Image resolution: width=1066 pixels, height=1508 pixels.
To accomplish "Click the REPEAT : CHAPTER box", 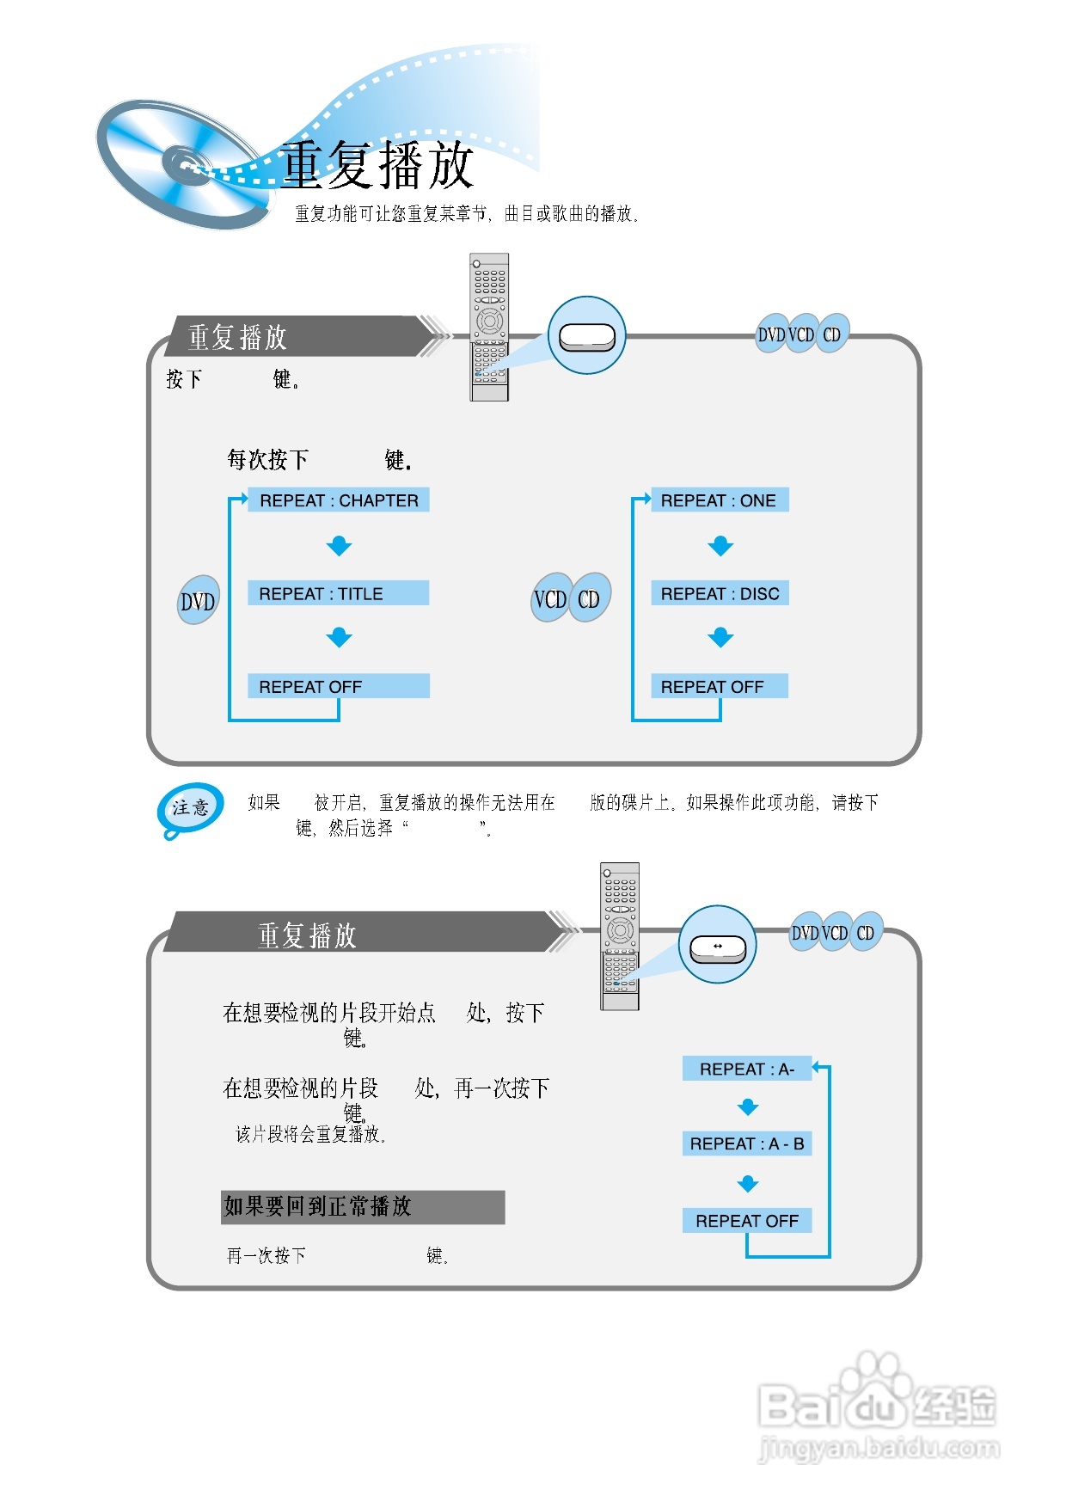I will pos(339,500).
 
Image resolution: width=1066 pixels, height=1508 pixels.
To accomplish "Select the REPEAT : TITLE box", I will pos(338,593).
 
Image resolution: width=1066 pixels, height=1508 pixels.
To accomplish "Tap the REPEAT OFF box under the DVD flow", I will pos(338,686).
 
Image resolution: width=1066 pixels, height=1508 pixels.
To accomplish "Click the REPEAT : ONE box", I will pos(720,500).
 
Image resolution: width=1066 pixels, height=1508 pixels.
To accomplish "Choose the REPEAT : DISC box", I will pos(720,593).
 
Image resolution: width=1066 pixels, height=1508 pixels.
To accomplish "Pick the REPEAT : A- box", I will pos(746,1069).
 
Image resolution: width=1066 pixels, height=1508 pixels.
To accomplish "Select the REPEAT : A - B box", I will pos(746,1143).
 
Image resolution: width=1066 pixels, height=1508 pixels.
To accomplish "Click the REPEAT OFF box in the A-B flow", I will pos(746,1221).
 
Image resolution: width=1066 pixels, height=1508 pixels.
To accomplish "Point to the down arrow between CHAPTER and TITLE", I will pos(340,546).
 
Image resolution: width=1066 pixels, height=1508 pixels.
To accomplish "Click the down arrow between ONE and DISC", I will pos(720,546).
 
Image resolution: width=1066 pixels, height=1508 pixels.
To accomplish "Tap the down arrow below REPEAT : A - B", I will pos(748,1184).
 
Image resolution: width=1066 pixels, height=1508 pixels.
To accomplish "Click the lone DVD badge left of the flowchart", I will pos(198,601).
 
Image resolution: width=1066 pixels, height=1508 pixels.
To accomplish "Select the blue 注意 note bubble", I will pos(191,808).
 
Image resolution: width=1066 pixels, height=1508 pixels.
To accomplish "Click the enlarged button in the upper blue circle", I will pos(586,337).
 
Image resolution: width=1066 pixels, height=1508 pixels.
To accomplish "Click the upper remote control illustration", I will pos(489,327).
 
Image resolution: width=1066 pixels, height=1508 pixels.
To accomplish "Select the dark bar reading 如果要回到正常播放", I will pos(362,1207).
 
